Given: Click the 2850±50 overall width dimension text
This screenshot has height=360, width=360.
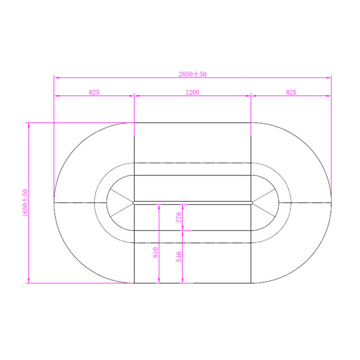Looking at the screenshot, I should coord(192,73).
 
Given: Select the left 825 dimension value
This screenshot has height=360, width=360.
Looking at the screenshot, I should coord(94,93).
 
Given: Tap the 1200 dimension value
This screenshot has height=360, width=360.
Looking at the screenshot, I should coord(192,93).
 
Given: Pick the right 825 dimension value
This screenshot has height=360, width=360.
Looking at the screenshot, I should coord(291,93).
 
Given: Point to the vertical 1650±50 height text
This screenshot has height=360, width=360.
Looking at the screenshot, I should coord(25,203).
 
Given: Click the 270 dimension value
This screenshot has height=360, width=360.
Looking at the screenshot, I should coord(179,217).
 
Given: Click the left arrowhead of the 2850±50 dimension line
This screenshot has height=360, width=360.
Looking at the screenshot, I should coord(55,78).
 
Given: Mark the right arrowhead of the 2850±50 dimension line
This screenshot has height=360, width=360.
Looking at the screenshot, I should coord(330,78).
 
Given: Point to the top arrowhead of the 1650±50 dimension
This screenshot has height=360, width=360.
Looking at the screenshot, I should coord(29,123).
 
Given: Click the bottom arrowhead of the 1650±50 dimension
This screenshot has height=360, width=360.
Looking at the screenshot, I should coord(29,282).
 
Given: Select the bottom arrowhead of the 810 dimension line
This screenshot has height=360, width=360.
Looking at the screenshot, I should coord(160,282).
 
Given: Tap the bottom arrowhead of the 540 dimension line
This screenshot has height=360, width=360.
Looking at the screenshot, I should coord(184,282).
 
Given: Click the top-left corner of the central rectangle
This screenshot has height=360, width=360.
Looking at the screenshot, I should coord(134,122).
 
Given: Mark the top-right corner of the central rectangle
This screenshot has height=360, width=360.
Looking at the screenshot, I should coord(251,122).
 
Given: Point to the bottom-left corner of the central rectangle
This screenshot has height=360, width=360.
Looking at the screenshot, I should coord(134,283).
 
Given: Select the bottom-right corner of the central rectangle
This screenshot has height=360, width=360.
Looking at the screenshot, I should coord(251,283).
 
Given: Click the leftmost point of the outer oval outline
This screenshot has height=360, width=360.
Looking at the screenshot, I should coord(54,202).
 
